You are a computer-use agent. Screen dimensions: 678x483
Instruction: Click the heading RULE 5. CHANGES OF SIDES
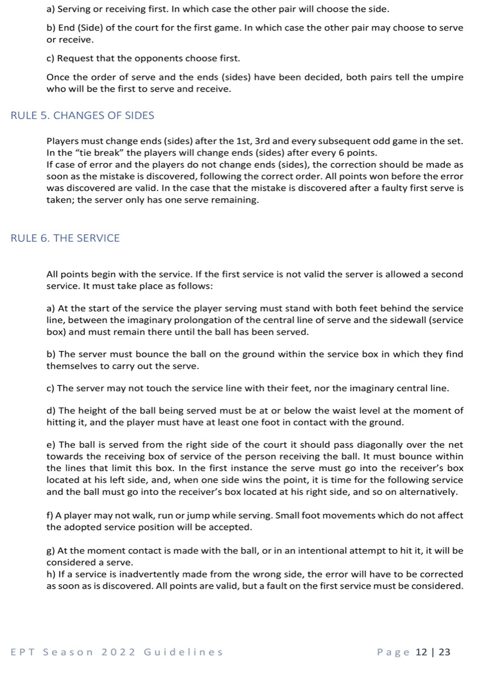83,116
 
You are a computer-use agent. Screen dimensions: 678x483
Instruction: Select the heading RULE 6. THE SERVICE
66,238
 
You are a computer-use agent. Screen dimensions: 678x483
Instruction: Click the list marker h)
51,575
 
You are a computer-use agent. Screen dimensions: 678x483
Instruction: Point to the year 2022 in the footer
119,652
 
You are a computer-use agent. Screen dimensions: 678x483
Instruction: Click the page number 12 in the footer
421,652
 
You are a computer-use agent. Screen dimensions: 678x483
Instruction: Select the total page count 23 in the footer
445,652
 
